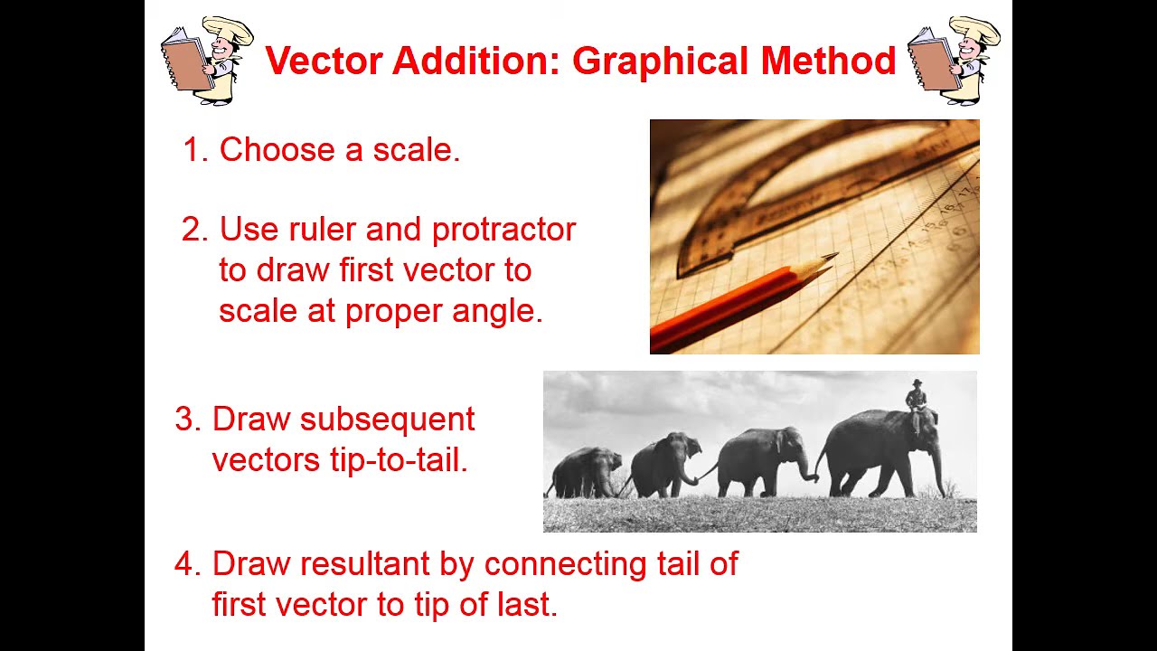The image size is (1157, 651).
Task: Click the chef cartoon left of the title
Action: [206, 61]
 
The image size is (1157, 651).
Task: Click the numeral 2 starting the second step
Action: [194, 230]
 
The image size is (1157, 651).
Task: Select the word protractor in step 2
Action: [503, 231]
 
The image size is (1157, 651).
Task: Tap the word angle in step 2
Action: [500, 311]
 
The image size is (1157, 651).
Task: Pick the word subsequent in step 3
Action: [387, 420]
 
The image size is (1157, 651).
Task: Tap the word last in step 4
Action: [531, 605]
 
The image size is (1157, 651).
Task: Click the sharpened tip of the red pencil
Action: [832, 258]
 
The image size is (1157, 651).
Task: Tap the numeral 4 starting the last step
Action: [186, 564]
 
